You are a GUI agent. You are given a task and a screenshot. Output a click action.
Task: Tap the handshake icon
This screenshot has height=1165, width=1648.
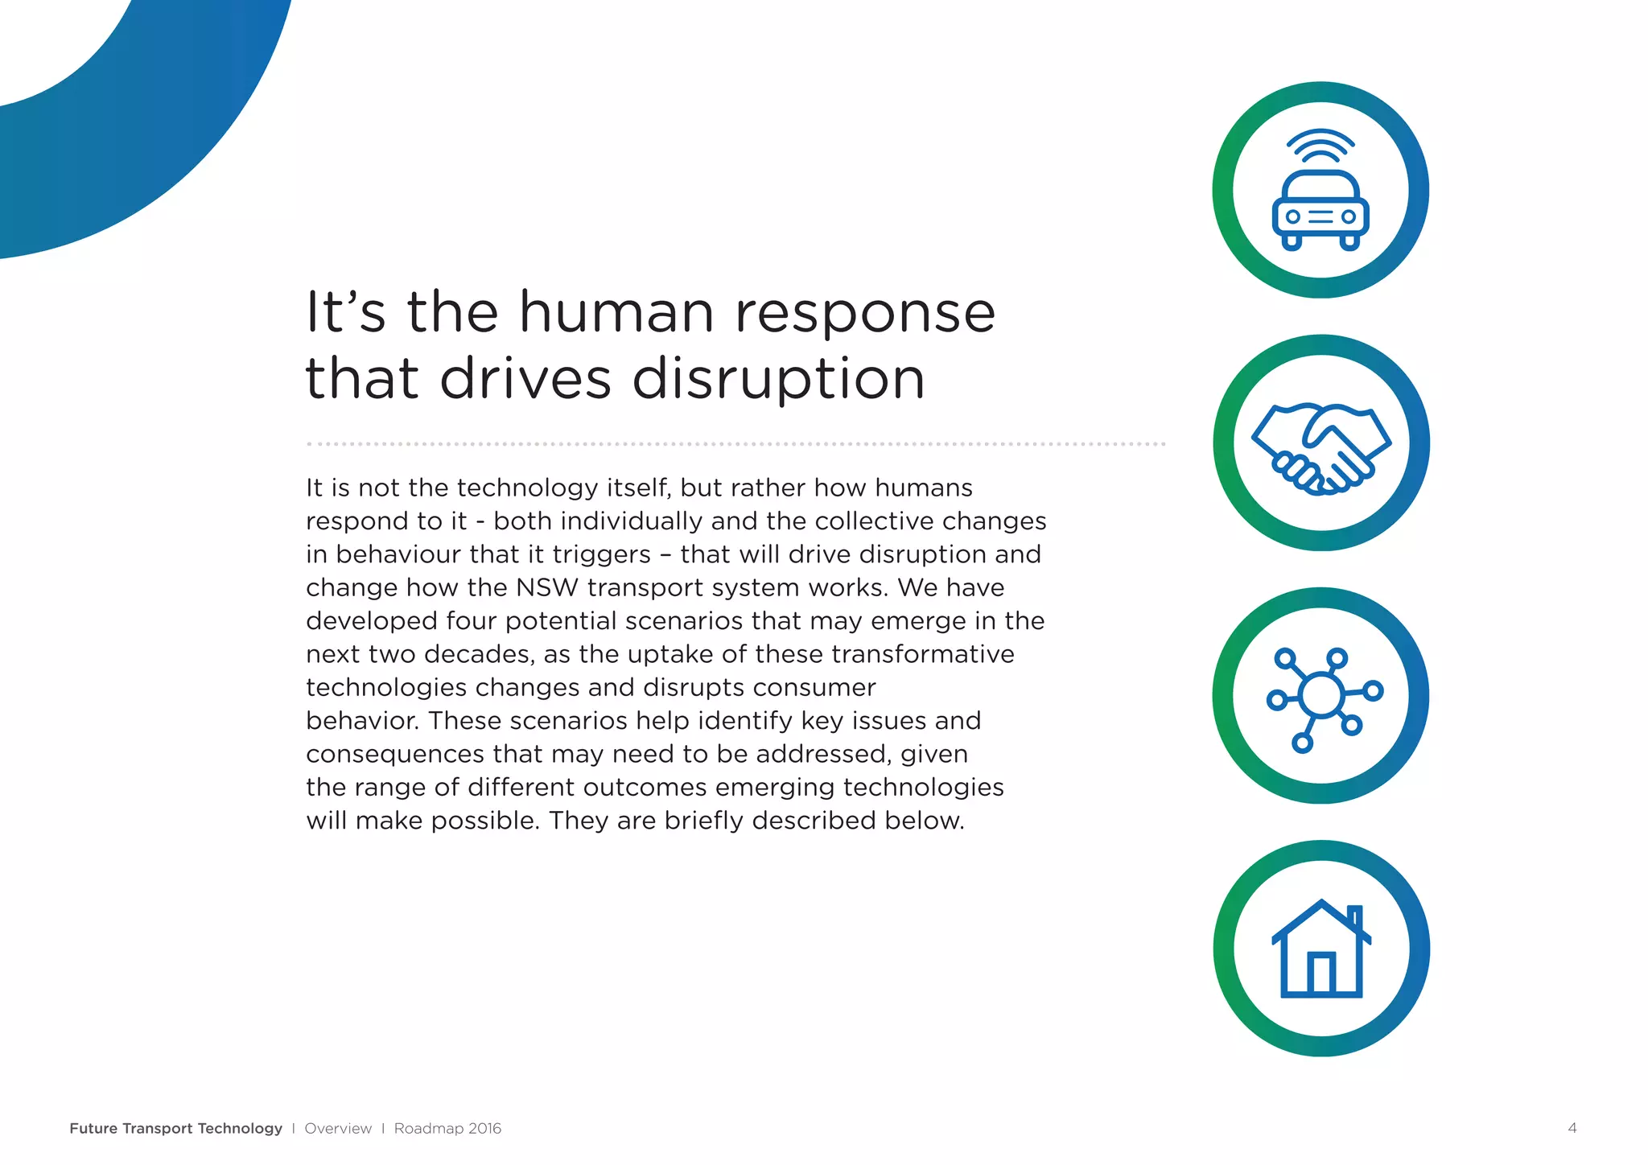point(1320,445)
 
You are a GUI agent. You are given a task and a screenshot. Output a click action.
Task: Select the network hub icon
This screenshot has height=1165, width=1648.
point(1321,696)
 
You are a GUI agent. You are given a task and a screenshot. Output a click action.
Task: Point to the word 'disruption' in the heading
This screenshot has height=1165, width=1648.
point(778,379)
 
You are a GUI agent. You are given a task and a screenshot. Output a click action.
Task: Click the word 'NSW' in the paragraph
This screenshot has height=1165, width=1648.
point(547,588)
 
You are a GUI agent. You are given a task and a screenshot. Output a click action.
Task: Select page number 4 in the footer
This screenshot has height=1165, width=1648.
point(1572,1128)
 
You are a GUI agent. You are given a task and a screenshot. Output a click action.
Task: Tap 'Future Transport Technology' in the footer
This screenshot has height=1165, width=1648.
point(175,1128)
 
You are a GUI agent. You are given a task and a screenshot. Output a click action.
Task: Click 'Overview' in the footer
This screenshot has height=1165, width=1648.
point(338,1128)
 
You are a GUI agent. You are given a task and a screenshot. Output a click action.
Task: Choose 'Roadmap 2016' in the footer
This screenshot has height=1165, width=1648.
point(447,1128)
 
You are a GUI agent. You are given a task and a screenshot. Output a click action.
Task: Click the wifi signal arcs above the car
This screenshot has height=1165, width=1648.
point(1320,146)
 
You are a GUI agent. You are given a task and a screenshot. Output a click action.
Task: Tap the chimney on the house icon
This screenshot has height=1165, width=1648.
point(1355,918)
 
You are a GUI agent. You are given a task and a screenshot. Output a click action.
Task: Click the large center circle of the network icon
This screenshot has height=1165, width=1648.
point(1320,694)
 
